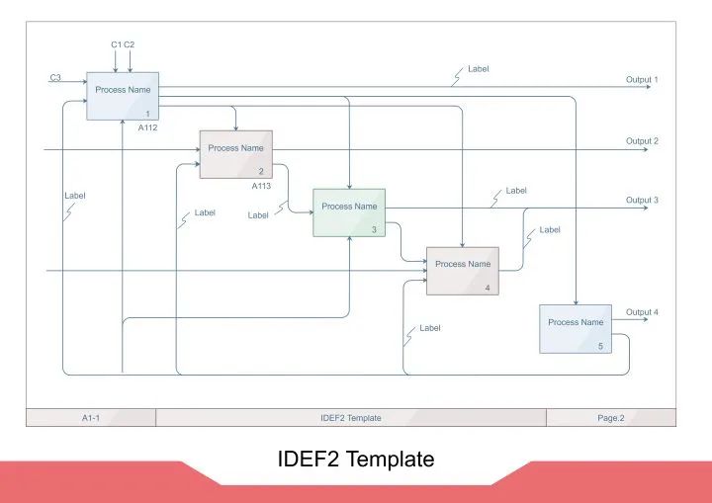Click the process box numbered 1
coord(123,96)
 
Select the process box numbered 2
coord(235,154)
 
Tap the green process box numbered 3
coord(349,212)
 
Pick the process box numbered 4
coord(463,270)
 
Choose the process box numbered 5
coord(576,328)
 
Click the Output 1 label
coord(642,79)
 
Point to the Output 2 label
coord(642,141)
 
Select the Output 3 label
coord(642,201)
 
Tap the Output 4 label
coord(642,312)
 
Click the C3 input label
coord(55,77)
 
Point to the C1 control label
coord(116,44)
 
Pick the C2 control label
coord(130,44)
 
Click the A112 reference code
coord(147,127)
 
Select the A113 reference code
coord(261,185)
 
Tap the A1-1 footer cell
coord(91,418)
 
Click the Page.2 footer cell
coord(610,418)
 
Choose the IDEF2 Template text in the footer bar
coord(350,418)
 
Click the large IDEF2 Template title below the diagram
coord(356,460)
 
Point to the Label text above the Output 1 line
coord(479,69)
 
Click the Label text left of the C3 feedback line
coord(75,196)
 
